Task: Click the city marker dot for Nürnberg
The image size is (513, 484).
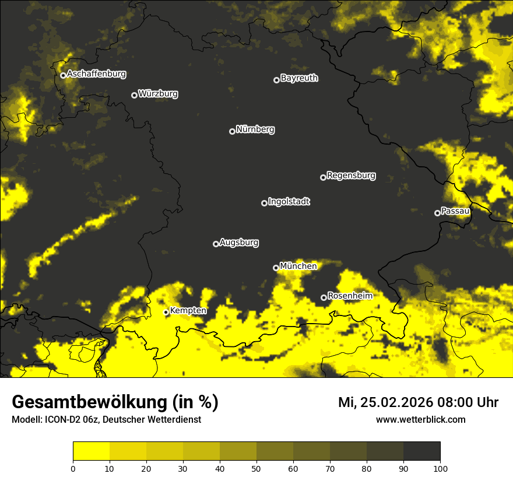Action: point(232,131)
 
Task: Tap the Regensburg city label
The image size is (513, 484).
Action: point(351,176)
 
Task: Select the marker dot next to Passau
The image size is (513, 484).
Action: point(437,213)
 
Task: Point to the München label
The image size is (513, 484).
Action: point(298,266)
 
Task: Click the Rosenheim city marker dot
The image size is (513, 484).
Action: point(324,298)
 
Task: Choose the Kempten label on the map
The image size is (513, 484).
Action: point(188,311)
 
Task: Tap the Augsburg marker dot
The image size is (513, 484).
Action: point(216,244)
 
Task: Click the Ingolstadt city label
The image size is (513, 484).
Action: point(289,202)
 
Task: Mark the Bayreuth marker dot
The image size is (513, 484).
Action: point(276,80)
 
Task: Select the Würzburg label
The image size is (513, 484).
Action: point(158,94)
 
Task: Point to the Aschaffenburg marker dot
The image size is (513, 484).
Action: point(63,75)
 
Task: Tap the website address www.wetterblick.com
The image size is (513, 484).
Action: point(420,420)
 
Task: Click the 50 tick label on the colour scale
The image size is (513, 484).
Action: point(256,468)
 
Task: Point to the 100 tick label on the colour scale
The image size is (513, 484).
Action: point(440,468)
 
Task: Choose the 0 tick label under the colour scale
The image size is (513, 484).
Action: point(73,468)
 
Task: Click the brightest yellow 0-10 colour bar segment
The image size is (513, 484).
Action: point(91,451)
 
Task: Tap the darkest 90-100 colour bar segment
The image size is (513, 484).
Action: point(421,451)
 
